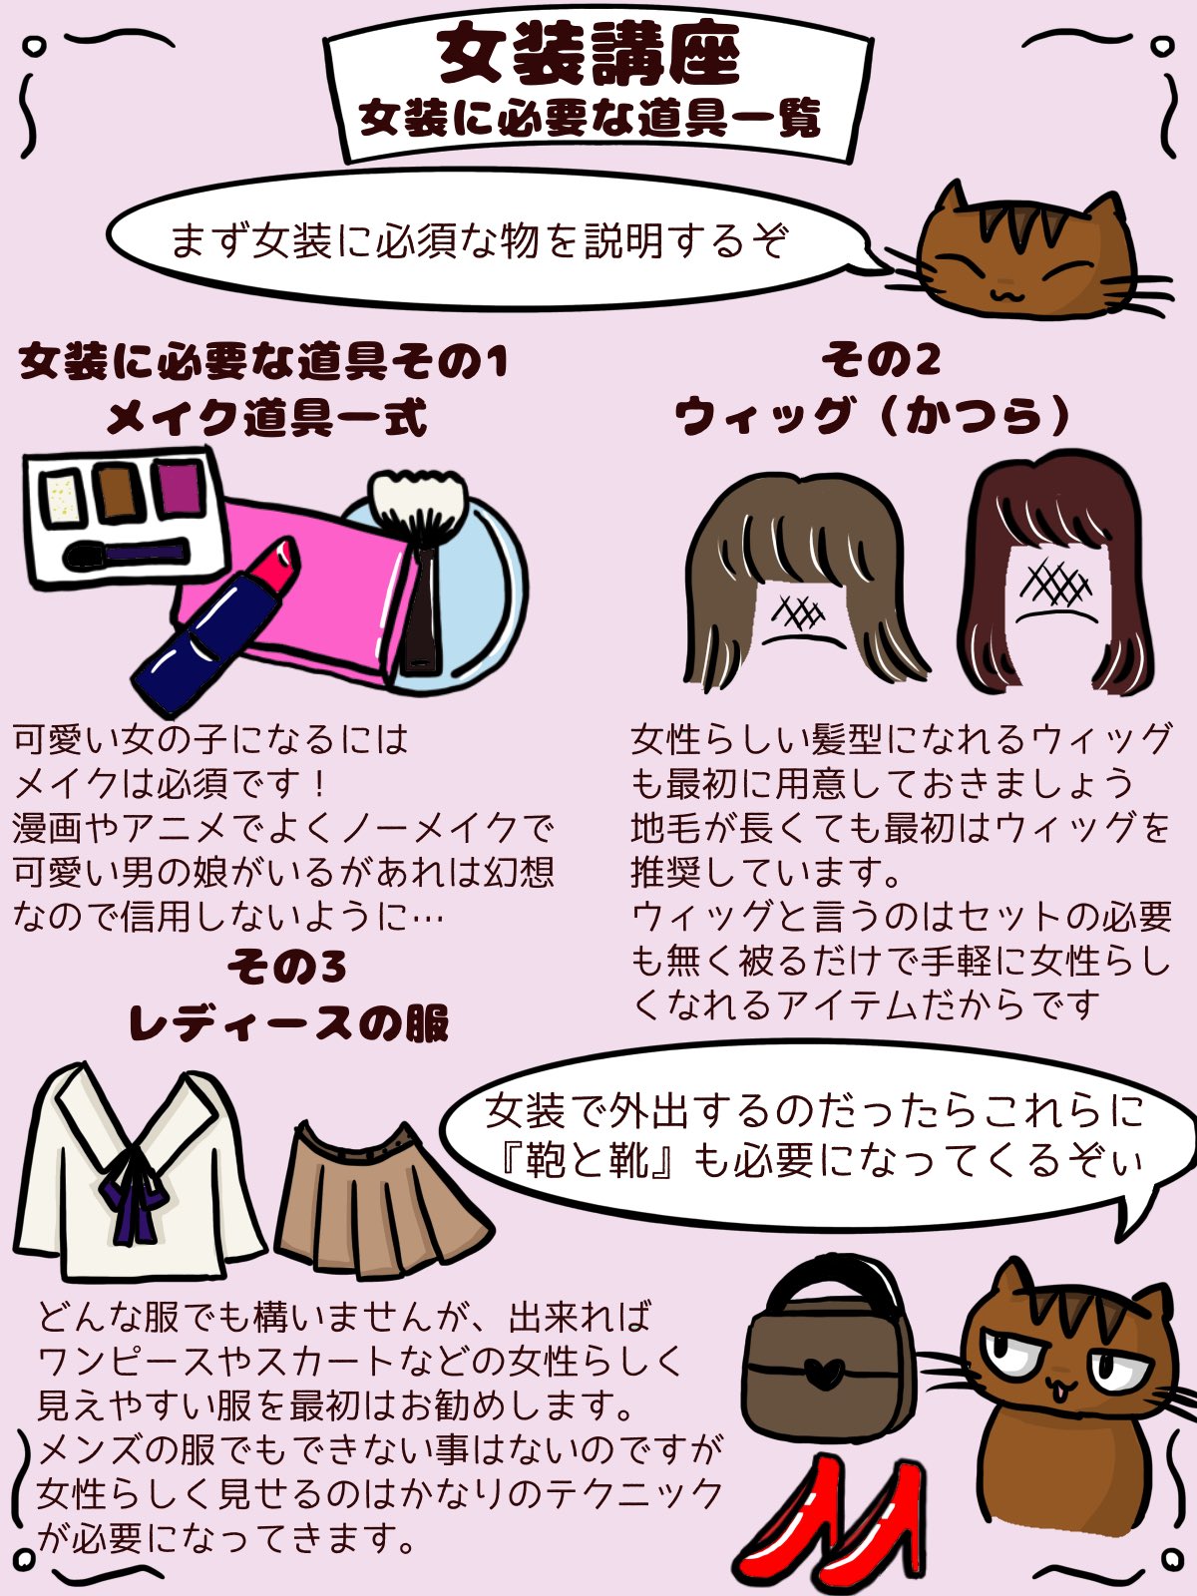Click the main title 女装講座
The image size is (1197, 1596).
(x=590, y=56)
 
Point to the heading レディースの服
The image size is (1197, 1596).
(x=289, y=1023)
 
